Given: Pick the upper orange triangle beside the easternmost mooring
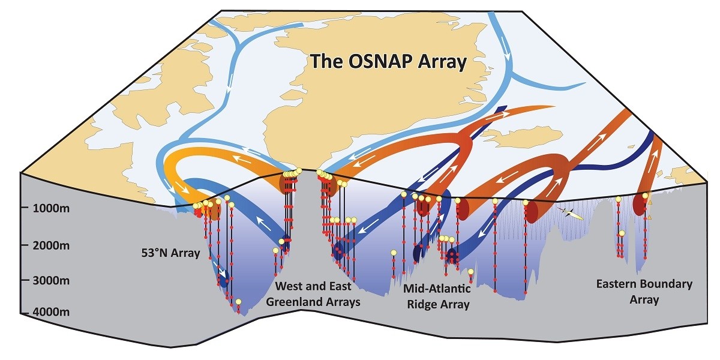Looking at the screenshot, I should [649, 203].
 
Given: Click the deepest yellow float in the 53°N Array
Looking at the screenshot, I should [238, 302].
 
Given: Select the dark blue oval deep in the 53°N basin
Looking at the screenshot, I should [224, 280].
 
